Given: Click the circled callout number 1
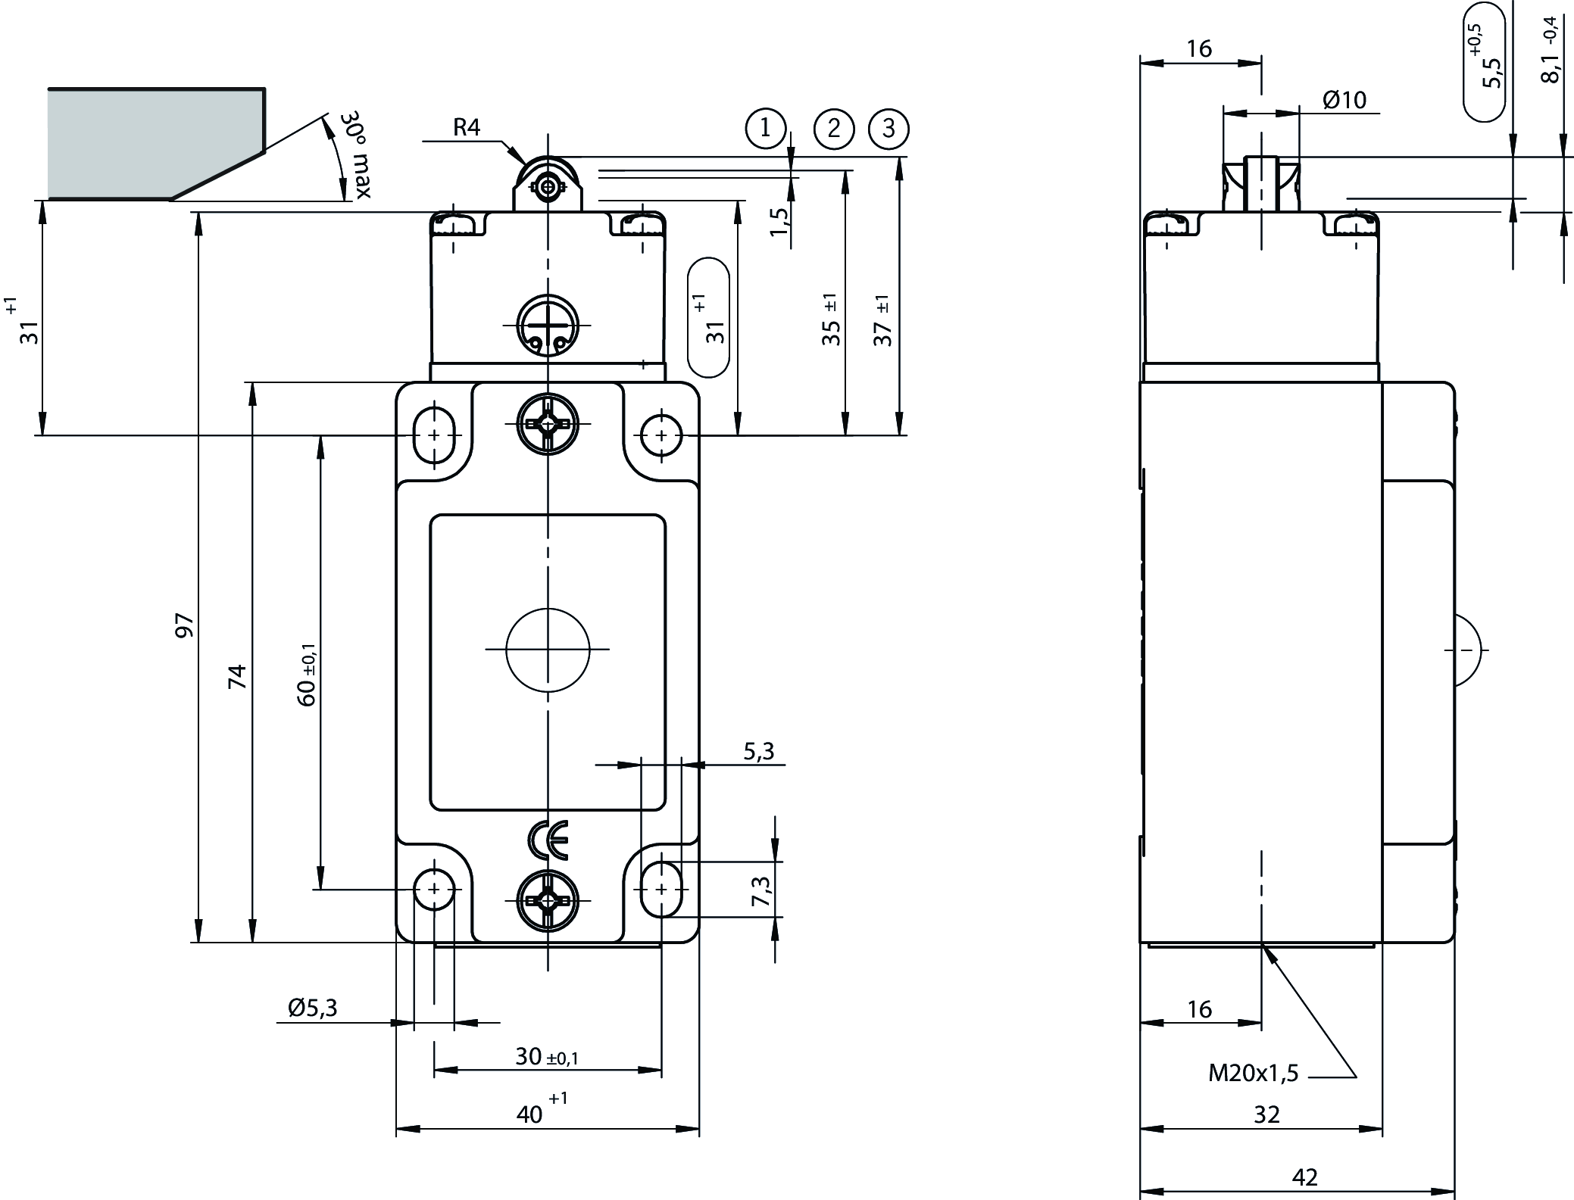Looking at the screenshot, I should (765, 128).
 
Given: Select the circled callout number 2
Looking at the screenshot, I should (834, 128).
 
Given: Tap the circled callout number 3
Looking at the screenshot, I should (888, 128).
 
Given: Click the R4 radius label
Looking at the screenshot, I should (467, 127).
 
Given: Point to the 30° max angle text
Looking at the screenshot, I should (354, 155).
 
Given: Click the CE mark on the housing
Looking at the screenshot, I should (548, 840).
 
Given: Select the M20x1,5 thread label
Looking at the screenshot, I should (1253, 1072).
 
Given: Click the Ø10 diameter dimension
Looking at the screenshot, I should (1344, 100).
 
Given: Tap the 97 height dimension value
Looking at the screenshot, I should (185, 625).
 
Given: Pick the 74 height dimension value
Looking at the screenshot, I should (238, 675).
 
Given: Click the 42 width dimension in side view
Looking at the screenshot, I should (1305, 1177).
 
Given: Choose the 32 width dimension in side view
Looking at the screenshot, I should (1266, 1114).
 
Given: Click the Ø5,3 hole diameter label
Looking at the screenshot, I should (312, 1008).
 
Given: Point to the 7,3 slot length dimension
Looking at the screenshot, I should (761, 890).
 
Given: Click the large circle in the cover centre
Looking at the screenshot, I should (548, 650).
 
